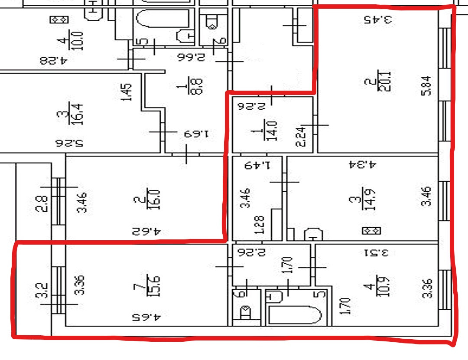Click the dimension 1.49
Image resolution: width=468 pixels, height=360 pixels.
pyautogui.click(x=257, y=165)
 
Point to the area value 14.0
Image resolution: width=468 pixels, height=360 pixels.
pyautogui.click(x=273, y=129)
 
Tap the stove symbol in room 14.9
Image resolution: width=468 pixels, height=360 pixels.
pyautogui.click(x=371, y=230)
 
